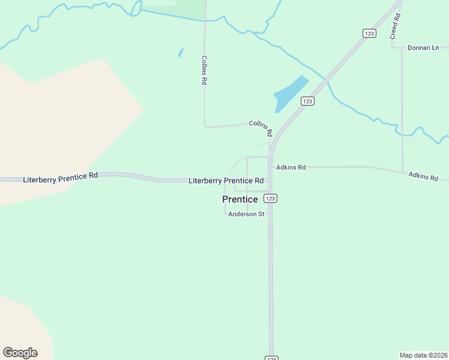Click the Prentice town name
(x=240, y=199)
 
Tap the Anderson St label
(x=246, y=214)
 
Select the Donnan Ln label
(x=423, y=47)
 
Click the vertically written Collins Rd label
(x=204, y=70)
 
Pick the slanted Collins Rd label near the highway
(x=261, y=127)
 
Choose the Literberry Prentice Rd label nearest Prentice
(x=226, y=181)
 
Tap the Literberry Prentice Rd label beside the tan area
(x=60, y=179)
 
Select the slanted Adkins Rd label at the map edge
(x=428, y=176)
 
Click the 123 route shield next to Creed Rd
(x=369, y=34)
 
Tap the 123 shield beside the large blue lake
(x=307, y=101)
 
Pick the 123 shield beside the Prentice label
(x=270, y=199)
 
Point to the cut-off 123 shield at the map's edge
(x=271, y=358)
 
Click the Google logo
(x=20, y=353)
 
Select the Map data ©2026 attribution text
(x=423, y=355)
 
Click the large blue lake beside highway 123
(x=290, y=93)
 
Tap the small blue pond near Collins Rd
(x=181, y=53)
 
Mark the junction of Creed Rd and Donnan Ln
(x=401, y=47)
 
